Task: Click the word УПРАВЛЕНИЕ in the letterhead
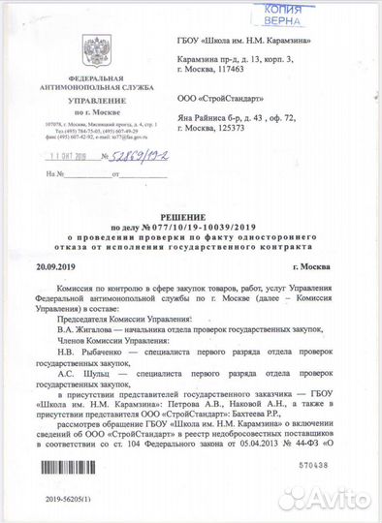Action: [x=96, y=100]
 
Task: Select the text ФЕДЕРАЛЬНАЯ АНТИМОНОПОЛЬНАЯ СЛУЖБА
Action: [x=96, y=82]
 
